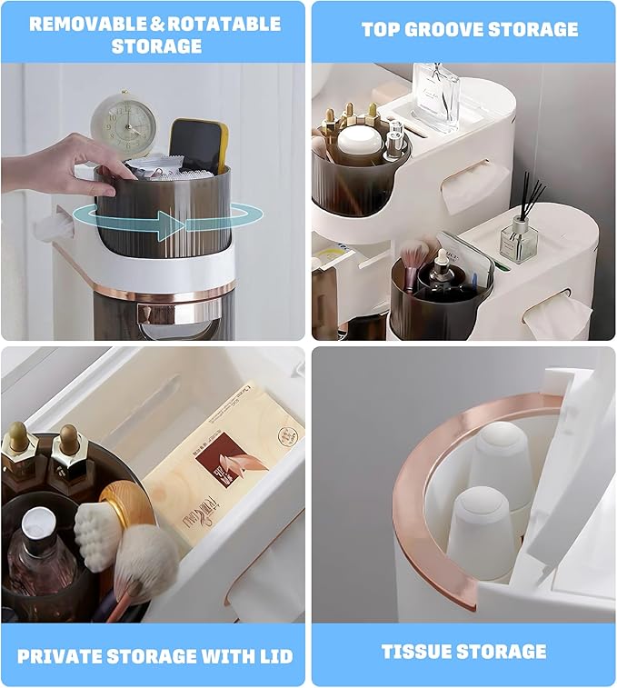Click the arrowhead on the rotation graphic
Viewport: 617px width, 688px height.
pyautogui.click(x=171, y=225)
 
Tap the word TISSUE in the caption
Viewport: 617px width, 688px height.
pyautogui.click(x=416, y=651)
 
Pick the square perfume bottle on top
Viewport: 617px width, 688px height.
pyautogui.click(x=437, y=96)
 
